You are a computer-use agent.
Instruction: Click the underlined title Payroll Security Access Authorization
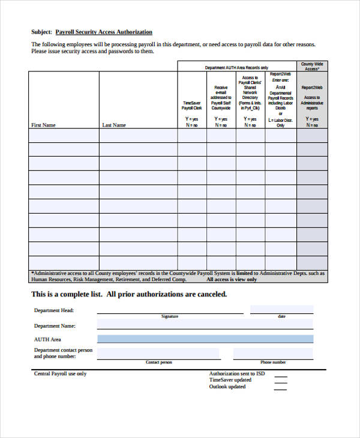click(104, 32)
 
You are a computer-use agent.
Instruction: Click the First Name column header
click(43, 125)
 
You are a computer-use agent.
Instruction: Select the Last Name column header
click(114, 125)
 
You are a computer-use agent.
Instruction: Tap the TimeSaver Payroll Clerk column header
click(192, 106)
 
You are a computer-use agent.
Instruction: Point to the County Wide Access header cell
click(312, 66)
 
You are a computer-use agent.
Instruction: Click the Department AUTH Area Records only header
click(236, 68)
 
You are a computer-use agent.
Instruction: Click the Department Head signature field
click(170, 309)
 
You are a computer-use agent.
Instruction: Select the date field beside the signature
click(281, 309)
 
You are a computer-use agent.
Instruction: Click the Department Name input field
click(205, 325)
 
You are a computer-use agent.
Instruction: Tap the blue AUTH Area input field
click(205, 339)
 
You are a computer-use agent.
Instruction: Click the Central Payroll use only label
click(60, 373)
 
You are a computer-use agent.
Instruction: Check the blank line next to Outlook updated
click(280, 388)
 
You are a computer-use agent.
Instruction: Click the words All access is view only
click(232, 279)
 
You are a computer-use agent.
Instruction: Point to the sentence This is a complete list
click(128, 294)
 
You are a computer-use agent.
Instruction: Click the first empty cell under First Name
click(64, 135)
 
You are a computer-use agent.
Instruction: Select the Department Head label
click(53, 310)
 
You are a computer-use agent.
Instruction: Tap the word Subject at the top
click(41, 32)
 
